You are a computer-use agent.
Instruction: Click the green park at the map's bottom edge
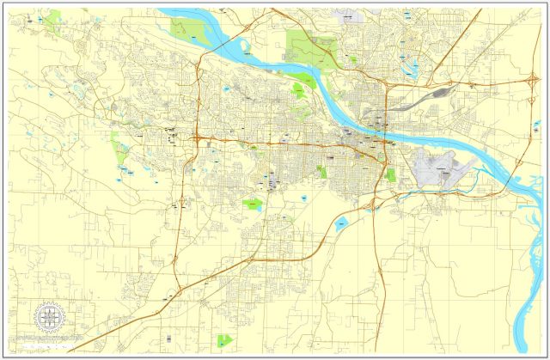pyautogui.click(x=225, y=340)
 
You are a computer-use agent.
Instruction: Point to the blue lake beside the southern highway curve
pyautogui.click(x=341, y=225)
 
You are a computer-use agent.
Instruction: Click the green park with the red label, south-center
pyautogui.click(x=252, y=205)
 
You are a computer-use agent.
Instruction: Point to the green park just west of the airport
pyautogui.click(x=392, y=174)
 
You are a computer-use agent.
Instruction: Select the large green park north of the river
pyautogui.click(x=309, y=47)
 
